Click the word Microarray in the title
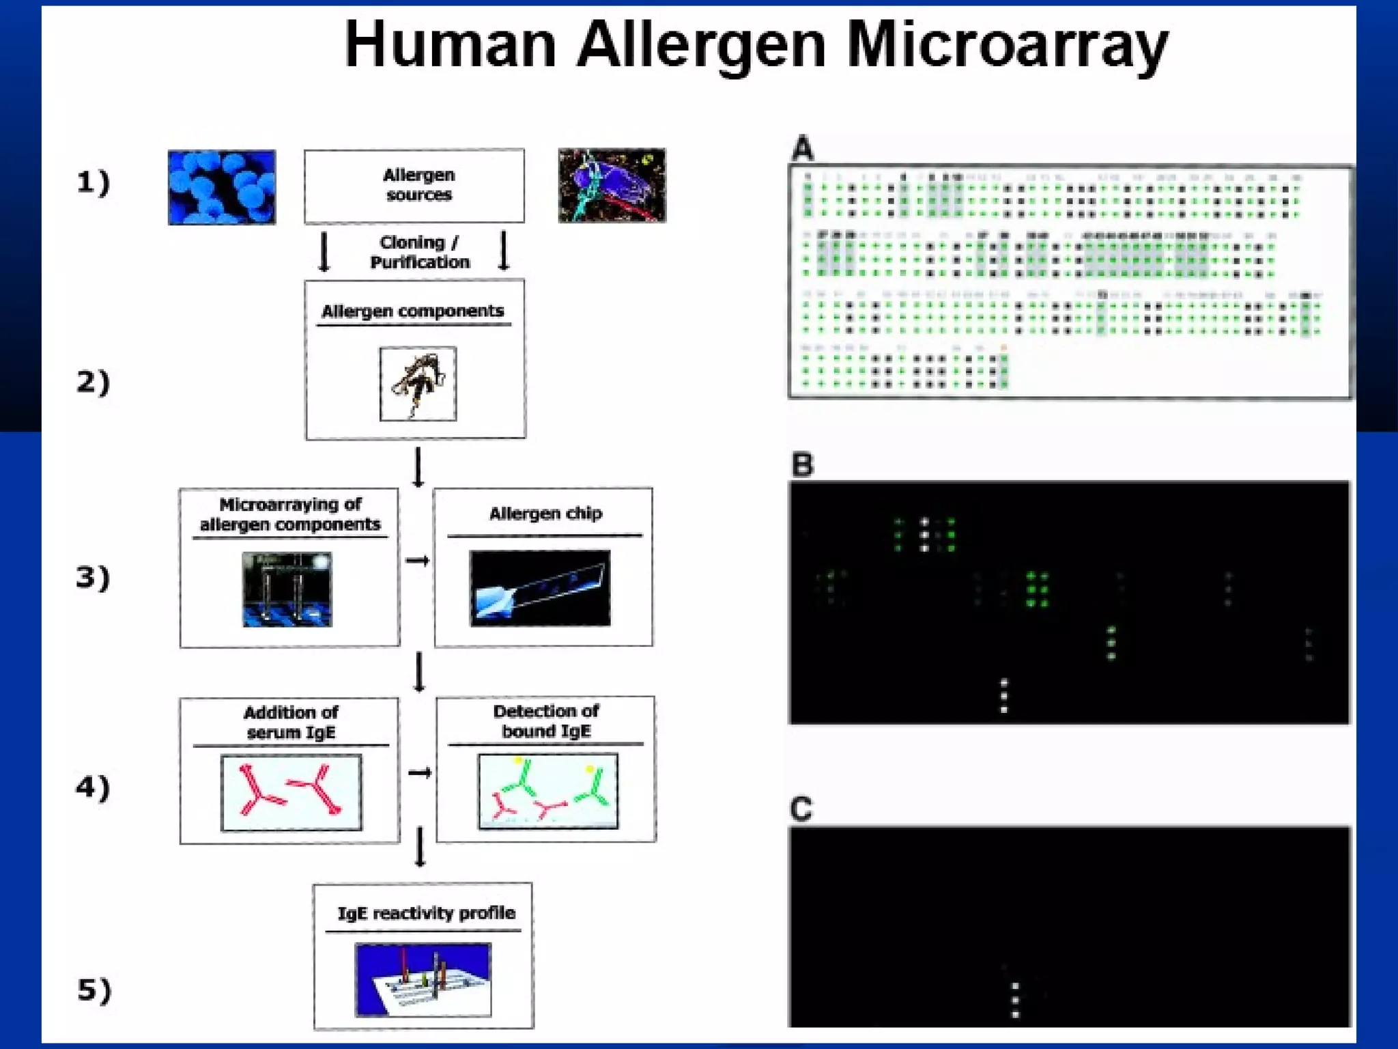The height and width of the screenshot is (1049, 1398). [1007, 46]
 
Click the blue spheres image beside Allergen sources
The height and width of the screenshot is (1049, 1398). [222, 187]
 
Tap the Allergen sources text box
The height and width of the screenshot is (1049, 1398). [414, 186]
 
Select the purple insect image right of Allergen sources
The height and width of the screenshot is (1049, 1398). [612, 185]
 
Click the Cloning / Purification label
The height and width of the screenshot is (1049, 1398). [419, 252]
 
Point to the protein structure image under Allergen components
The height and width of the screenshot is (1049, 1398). [418, 384]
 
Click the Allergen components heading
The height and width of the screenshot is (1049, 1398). [413, 311]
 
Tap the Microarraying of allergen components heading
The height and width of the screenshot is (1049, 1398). [290, 514]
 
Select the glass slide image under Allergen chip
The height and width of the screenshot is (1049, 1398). [540, 588]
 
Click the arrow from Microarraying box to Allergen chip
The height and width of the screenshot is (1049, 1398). [417, 561]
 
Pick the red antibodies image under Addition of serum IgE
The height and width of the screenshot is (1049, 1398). [291, 792]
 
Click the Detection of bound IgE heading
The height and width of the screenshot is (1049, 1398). [546, 721]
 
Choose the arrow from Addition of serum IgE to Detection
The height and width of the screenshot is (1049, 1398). [419, 772]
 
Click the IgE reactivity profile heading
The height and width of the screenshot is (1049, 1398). [426, 913]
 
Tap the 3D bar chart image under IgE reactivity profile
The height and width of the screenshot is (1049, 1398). [423, 979]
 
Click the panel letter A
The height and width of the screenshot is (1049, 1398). [803, 148]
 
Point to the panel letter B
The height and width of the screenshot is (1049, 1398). [803, 465]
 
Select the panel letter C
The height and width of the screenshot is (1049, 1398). [801, 809]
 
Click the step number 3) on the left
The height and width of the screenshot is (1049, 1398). [93, 577]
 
